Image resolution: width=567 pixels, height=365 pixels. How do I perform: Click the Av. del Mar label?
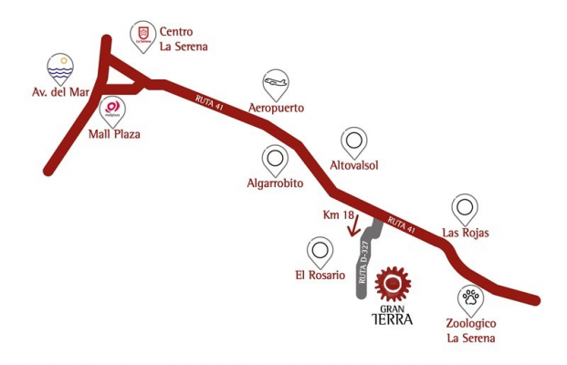60,92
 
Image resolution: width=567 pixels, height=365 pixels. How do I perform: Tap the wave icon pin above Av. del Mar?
60,69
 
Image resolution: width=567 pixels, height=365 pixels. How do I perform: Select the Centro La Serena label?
184,39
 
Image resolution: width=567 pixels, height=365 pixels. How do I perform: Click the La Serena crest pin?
143,36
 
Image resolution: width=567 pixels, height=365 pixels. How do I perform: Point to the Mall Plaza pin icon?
112,112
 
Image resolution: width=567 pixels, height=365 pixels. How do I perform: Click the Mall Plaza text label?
114,134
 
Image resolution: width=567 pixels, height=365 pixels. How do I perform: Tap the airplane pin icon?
276,85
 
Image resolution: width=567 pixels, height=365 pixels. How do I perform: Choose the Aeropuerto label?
277,108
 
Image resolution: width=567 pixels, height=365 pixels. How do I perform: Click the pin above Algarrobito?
275,162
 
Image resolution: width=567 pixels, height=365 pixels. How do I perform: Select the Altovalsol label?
354,165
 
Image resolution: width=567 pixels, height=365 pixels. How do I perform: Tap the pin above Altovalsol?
354,143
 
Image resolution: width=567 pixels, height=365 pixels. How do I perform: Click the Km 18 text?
338,215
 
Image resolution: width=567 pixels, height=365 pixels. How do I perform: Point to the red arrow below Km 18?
354,224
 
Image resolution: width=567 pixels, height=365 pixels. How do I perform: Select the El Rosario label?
320,275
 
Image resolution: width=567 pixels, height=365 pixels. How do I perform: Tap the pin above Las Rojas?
465,210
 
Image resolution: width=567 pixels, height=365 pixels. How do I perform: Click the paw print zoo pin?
471,301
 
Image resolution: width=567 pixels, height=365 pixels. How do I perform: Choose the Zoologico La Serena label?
471,330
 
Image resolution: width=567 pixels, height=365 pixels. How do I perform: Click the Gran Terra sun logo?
393,284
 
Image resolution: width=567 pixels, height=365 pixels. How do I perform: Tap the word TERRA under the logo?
393,319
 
